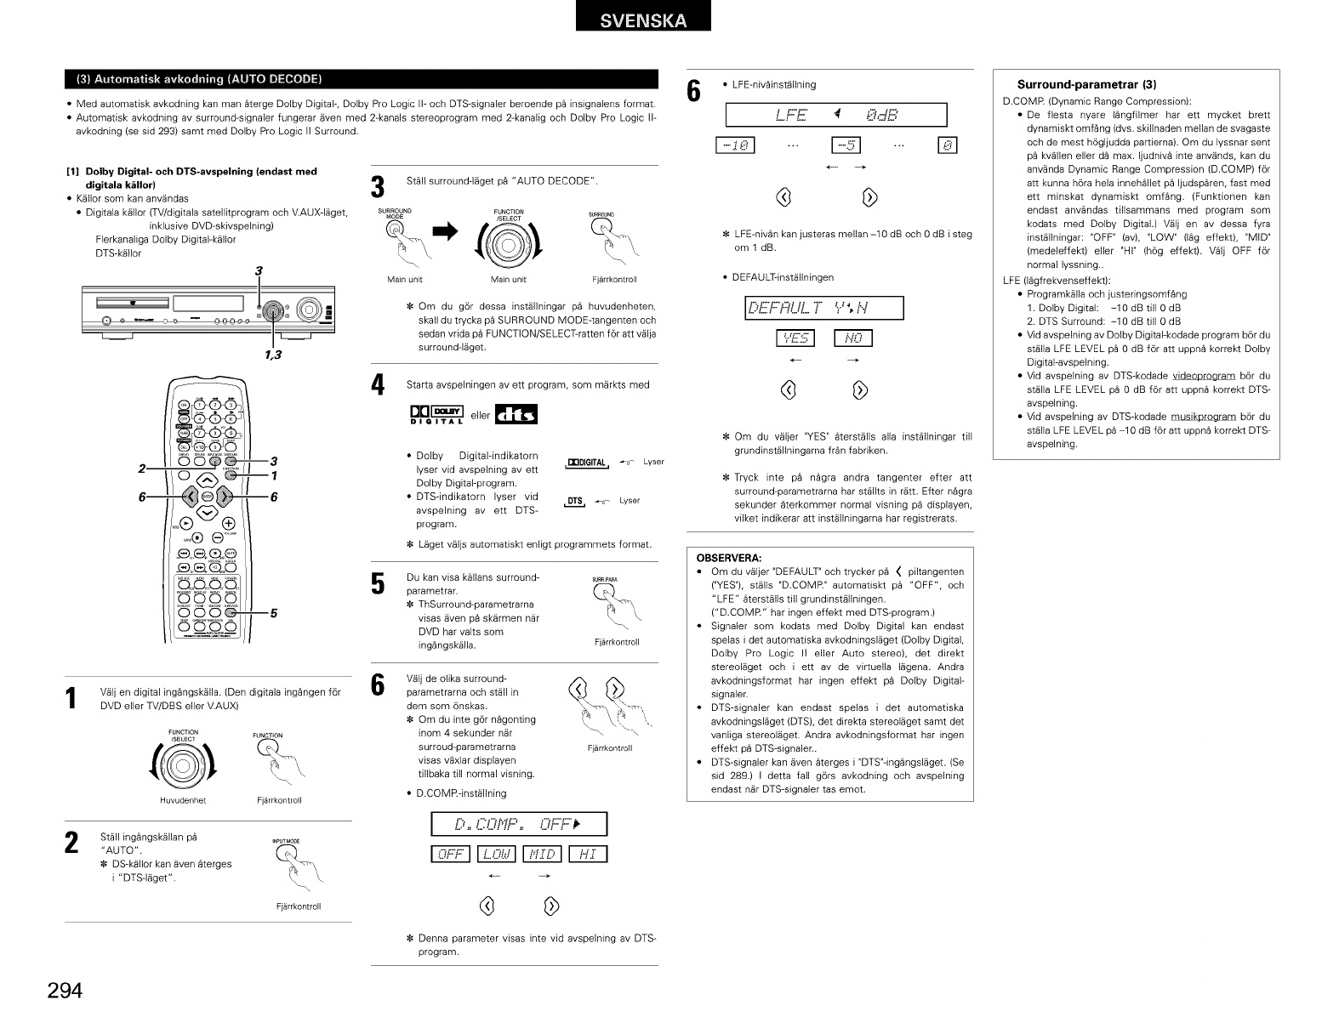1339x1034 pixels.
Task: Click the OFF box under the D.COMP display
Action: click(x=451, y=853)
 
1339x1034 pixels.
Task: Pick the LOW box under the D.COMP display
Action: click(x=497, y=853)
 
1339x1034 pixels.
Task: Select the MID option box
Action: click(x=543, y=853)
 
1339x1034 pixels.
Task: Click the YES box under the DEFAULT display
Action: click(x=795, y=339)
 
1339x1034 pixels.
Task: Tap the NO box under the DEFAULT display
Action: click(x=853, y=339)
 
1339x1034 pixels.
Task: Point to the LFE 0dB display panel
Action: click(x=836, y=114)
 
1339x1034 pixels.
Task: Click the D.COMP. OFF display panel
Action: click(x=520, y=824)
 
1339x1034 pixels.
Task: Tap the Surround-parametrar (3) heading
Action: click(x=1086, y=84)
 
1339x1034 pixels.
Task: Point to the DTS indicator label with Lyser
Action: click(x=577, y=501)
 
